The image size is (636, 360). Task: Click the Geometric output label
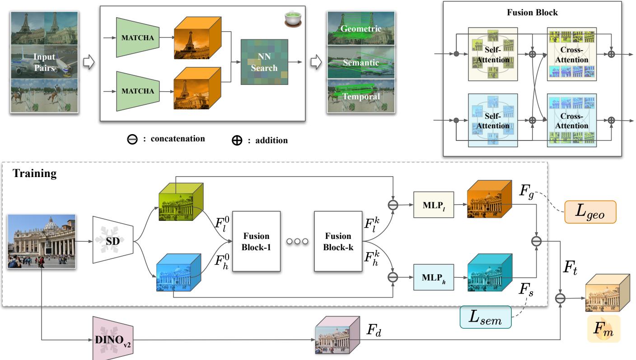point(361,29)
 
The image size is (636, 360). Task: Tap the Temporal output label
point(361,96)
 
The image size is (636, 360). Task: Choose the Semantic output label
point(361,63)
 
